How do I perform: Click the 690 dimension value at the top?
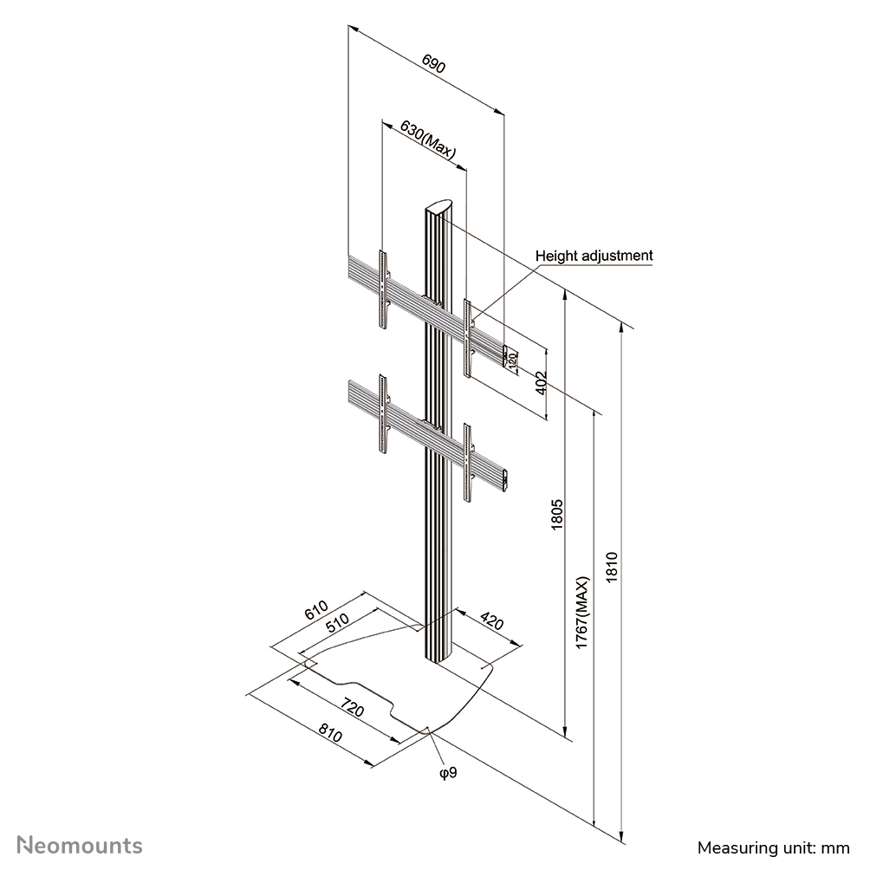(x=434, y=67)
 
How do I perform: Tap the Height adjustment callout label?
(x=594, y=256)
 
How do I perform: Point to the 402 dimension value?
(x=541, y=384)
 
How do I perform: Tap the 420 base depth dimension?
(x=491, y=622)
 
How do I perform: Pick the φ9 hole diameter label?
(x=447, y=771)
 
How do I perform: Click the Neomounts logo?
(x=81, y=845)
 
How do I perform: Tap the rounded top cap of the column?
(x=440, y=210)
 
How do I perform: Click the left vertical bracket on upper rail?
(x=383, y=289)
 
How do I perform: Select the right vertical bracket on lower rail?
(x=468, y=463)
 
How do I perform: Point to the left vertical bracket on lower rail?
(x=383, y=414)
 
